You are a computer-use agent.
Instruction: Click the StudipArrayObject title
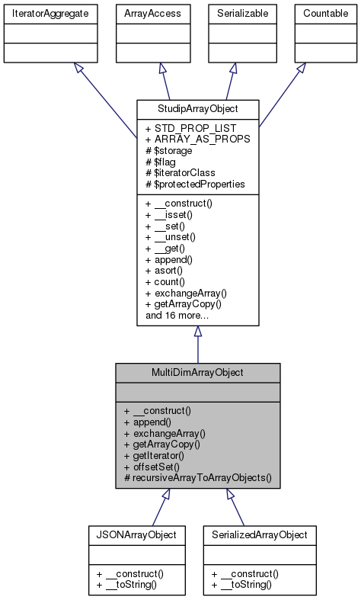tap(197, 108)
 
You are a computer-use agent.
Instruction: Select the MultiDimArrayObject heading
tap(197, 372)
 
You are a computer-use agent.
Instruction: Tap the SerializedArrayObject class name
tap(260, 534)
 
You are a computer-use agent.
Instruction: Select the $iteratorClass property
tap(175, 172)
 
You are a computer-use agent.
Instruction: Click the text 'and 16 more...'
tap(177, 314)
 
